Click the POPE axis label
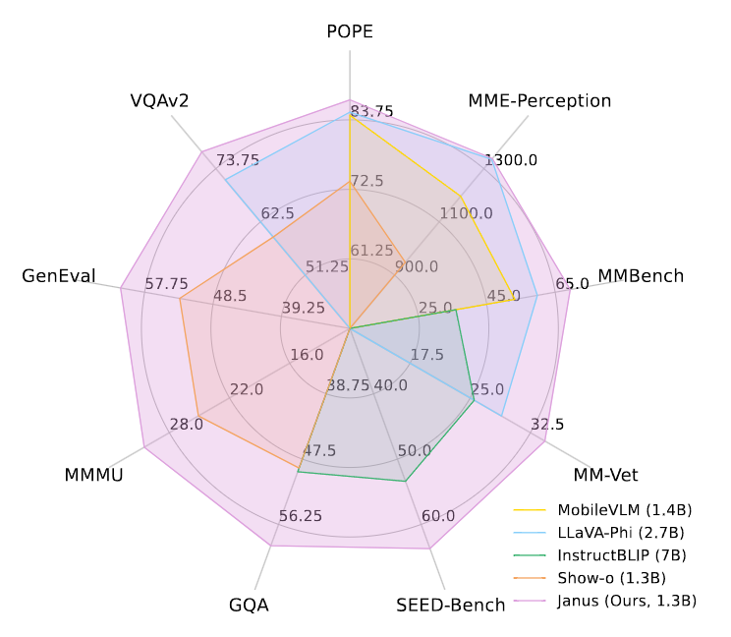tap(350, 31)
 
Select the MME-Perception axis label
tap(539, 100)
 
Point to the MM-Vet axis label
tap(606, 476)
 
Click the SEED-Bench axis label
tap(451, 605)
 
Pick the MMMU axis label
tap(94, 476)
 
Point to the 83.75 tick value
tap(371, 111)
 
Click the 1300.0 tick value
tap(511, 160)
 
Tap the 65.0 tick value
tap(572, 284)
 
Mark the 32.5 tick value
tap(546, 425)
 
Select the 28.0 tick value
tap(187, 425)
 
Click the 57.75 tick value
tap(166, 284)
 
